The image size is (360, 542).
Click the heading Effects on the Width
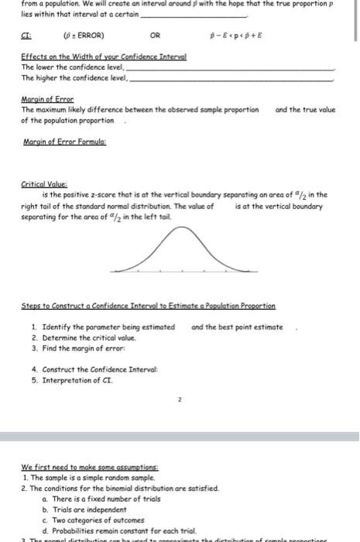[104, 58]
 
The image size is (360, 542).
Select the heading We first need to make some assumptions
[90, 468]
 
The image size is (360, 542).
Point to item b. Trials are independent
[84, 510]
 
